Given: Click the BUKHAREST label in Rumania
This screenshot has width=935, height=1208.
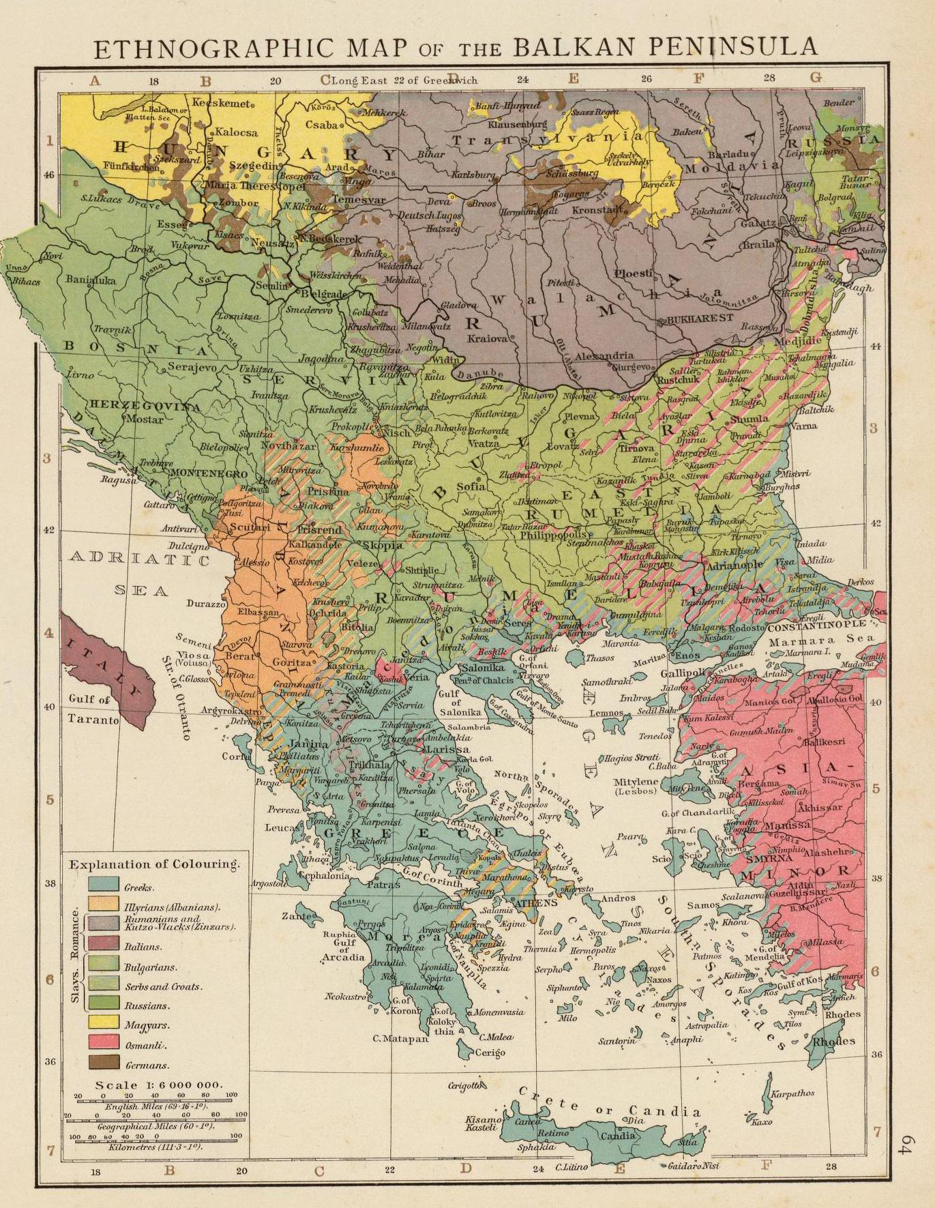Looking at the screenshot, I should coord(700,318).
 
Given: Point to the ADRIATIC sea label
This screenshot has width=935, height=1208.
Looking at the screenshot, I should coord(140,560).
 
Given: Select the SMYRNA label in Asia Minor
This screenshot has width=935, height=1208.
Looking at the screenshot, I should coord(752,859).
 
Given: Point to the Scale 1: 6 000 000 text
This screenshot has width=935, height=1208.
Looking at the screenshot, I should coord(159,1085).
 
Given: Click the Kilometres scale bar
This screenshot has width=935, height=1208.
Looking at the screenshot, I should coord(155,1137).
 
